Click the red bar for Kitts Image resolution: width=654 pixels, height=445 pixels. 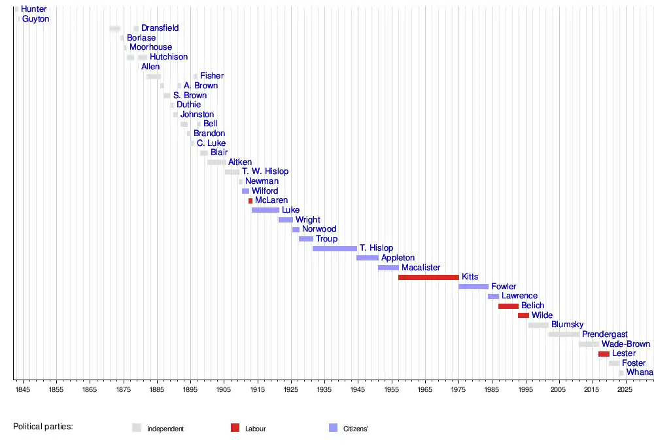[x=428, y=277]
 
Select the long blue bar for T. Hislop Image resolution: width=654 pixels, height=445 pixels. [x=335, y=249]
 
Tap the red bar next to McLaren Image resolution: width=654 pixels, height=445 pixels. [x=250, y=201]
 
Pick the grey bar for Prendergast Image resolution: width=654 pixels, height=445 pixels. [x=564, y=334]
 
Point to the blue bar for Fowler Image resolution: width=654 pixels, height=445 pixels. [x=473, y=287]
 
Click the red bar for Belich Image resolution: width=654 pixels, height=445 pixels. [x=508, y=306]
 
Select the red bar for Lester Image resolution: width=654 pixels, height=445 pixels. [x=604, y=354]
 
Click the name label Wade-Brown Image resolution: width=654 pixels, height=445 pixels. [x=626, y=344]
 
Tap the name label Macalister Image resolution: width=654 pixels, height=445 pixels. [x=421, y=268]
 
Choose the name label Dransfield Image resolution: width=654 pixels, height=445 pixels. [x=160, y=28]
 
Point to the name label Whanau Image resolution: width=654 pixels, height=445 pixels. [x=640, y=372]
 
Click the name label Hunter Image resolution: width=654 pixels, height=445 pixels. [x=34, y=9]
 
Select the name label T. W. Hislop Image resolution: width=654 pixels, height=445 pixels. [x=265, y=171]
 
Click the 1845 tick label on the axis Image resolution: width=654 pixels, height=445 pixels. [x=23, y=390]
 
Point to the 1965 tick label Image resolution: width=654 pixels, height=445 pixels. [x=425, y=390]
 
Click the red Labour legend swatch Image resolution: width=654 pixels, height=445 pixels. [x=235, y=428]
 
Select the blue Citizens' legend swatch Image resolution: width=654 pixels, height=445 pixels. [x=334, y=428]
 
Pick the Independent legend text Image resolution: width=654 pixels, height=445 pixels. [x=165, y=429]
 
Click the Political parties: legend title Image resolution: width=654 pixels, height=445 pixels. [x=43, y=427]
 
